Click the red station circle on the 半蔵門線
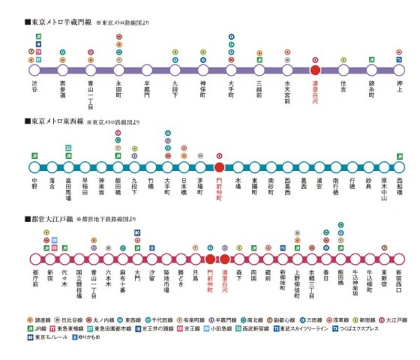click(315, 70)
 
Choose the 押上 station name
click(399, 86)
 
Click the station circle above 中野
click(35, 167)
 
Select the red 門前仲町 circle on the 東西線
click(219, 167)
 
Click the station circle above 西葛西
click(287, 167)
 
